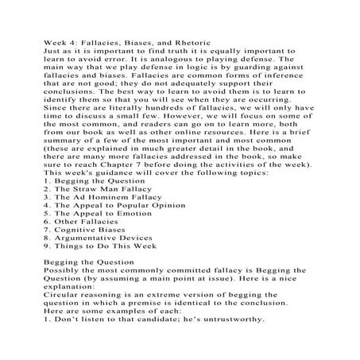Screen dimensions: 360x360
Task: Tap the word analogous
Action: click(149, 58)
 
